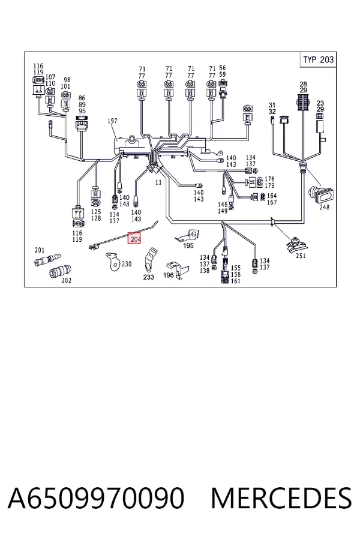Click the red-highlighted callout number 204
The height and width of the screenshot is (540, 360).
[x=134, y=238]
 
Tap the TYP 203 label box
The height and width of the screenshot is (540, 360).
[x=318, y=59]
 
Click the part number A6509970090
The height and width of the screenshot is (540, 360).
[x=96, y=498]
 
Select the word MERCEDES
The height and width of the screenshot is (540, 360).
[x=281, y=498]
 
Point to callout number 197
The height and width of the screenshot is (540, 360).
[x=112, y=121]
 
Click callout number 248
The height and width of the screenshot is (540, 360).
[x=324, y=207]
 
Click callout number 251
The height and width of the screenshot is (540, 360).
[x=301, y=256]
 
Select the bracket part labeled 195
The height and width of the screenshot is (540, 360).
[x=188, y=236]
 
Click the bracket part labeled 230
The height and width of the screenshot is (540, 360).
[x=113, y=261]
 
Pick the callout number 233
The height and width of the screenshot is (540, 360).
[x=148, y=277]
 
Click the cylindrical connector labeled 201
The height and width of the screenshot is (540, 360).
[x=47, y=259]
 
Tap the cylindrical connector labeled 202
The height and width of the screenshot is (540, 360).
[x=60, y=271]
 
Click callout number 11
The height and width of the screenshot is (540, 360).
[x=158, y=182]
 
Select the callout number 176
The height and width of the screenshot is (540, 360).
[x=269, y=179]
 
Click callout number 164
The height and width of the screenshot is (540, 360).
[x=272, y=196]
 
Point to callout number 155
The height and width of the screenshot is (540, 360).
[x=236, y=268]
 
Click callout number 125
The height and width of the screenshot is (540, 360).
[x=96, y=212]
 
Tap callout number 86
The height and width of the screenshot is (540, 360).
[x=82, y=98]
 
